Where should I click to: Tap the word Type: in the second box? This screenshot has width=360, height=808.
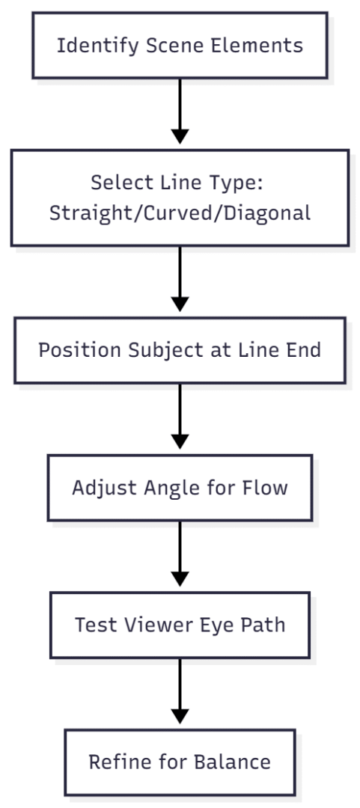tap(242, 183)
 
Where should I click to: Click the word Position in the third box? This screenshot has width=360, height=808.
tap(73, 350)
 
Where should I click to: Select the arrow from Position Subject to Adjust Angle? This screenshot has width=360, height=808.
tap(180, 420)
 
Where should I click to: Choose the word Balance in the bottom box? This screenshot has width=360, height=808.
tap(234, 762)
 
